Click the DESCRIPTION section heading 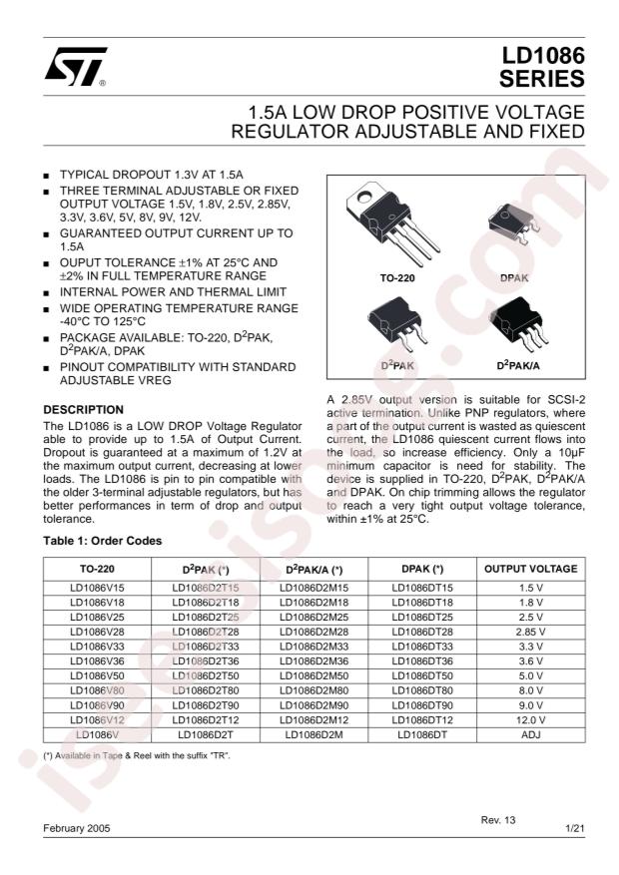pos(84,409)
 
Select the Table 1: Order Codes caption pos(103,541)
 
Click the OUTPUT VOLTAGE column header pos(530,570)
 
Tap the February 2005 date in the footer pos(78,829)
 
